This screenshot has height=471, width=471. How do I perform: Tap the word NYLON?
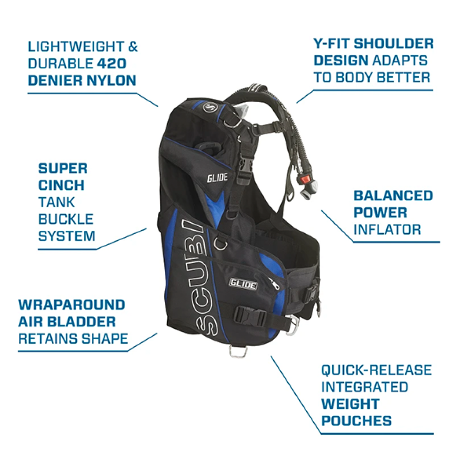tap(112, 80)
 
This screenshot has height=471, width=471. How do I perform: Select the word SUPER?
tap(63, 168)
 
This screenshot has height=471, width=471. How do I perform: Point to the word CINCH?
tap(61, 185)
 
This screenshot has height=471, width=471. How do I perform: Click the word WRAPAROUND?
tap(72, 304)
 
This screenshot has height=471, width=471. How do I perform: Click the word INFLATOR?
tap(387, 229)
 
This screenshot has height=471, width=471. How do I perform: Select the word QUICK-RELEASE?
tap(376, 370)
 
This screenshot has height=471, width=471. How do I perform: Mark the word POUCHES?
tap(357, 421)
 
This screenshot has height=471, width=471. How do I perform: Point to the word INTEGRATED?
tap(365, 387)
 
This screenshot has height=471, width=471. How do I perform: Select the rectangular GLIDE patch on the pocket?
tap(243, 284)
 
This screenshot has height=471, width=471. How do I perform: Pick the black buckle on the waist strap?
tap(249, 314)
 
